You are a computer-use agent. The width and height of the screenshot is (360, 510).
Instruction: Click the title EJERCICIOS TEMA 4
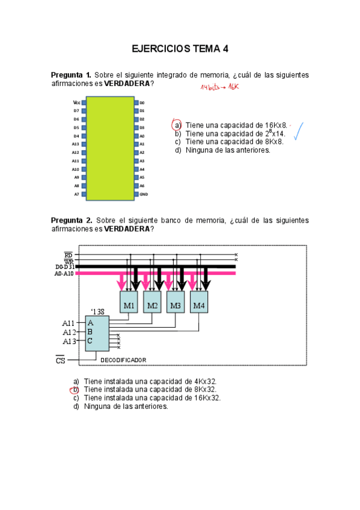(x=180, y=49)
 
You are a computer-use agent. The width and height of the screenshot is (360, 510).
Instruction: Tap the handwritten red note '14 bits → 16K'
(x=219, y=87)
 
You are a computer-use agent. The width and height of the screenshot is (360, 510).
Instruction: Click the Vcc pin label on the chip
(x=76, y=103)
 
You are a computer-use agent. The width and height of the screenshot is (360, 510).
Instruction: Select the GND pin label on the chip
(x=144, y=195)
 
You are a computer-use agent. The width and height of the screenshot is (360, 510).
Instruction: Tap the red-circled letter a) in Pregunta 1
(x=177, y=124)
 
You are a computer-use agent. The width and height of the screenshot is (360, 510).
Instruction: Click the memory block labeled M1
(x=129, y=306)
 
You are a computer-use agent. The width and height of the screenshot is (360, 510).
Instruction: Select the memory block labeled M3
(x=175, y=306)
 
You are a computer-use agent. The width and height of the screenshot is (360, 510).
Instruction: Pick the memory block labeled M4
(x=198, y=306)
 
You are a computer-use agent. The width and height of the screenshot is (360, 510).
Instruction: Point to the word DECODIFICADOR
(x=123, y=360)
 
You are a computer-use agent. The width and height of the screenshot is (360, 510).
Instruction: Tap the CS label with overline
(x=60, y=360)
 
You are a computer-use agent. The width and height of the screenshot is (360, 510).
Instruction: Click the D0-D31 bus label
(x=64, y=266)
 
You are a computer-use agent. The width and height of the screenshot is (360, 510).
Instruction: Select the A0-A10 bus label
(x=64, y=274)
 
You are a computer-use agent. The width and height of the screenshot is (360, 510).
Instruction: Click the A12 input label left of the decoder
(x=69, y=332)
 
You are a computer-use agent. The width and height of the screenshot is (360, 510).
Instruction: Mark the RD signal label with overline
(x=68, y=255)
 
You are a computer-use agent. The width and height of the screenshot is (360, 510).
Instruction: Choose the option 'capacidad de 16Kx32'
(x=152, y=398)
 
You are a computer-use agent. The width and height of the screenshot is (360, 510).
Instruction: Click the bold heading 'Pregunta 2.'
(x=72, y=221)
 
